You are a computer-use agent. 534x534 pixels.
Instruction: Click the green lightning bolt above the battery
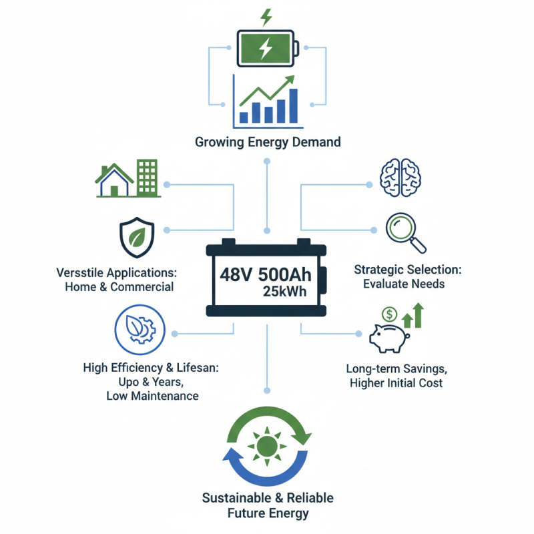[x=266, y=17]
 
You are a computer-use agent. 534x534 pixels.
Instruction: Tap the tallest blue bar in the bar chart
[x=293, y=105]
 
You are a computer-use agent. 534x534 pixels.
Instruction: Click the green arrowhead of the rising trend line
[x=290, y=80]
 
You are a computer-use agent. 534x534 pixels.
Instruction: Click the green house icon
[x=114, y=180]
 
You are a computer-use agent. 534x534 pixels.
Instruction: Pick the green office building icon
[x=147, y=178]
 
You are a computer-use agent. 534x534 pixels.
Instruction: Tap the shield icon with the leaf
[x=137, y=238]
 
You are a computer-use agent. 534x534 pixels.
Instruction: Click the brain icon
[x=400, y=178]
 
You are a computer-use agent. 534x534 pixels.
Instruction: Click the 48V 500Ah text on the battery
[x=266, y=275]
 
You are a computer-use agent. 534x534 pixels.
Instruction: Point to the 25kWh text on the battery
[x=285, y=292]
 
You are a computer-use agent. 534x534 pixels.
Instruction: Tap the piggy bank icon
[x=389, y=338]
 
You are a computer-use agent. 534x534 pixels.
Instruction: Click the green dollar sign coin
[x=390, y=314]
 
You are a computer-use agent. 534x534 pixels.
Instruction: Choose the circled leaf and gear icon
[x=140, y=330]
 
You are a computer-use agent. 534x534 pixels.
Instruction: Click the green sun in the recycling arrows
[x=267, y=446]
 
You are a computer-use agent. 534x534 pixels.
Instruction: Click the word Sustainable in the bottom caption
[x=237, y=498]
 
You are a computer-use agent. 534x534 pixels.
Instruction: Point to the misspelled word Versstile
[x=79, y=273]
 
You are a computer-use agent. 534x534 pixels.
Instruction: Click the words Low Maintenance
[x=153, y=396]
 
